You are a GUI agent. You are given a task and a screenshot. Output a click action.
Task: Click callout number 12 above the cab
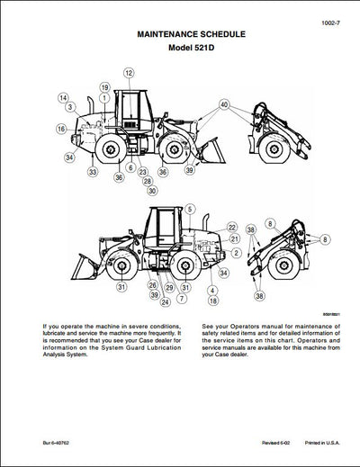(129, 72)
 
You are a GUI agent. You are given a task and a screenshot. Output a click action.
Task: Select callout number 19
(104, 87)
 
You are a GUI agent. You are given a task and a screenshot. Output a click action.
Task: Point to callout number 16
(61, 130)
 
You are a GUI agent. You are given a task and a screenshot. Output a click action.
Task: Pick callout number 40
(222, 104)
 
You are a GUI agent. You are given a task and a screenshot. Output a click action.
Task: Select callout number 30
(151, 191)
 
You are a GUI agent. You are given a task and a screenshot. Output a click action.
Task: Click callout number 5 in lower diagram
(190, 209)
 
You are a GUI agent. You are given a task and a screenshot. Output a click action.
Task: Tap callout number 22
(231, 227)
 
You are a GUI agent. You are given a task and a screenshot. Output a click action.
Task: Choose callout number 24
(165, 302)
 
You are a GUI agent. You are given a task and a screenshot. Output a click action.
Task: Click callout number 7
(183, 298)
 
